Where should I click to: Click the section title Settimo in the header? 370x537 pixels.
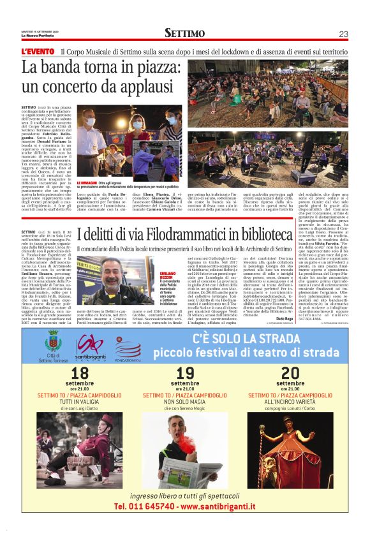(184, 33)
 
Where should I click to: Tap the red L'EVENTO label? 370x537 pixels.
(38, 50)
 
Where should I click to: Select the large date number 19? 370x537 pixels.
(185, 373)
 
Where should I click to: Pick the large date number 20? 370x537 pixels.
(290, 373)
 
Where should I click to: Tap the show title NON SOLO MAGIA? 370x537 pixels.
(185, 403)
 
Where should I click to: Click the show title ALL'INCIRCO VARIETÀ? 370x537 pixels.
(290, 403)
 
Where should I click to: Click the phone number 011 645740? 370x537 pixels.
(145, 506)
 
